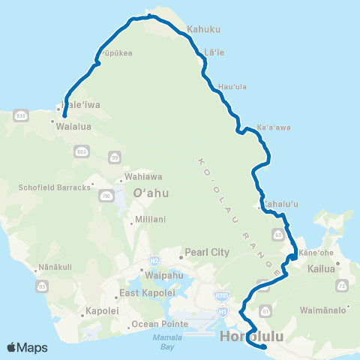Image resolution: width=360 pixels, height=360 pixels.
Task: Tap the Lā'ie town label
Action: coord(214,53)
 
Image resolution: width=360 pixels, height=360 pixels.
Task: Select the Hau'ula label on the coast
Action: coord(232,87)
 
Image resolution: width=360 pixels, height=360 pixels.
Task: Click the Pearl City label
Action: coord(208,253)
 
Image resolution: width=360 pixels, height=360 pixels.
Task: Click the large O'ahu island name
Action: coord(151,193)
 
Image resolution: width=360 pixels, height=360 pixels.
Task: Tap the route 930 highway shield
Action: coord(20,115)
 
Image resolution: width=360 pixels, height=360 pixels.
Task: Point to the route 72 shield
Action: coord(343,287)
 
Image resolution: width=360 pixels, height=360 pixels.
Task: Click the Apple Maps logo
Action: coord(26,347)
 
